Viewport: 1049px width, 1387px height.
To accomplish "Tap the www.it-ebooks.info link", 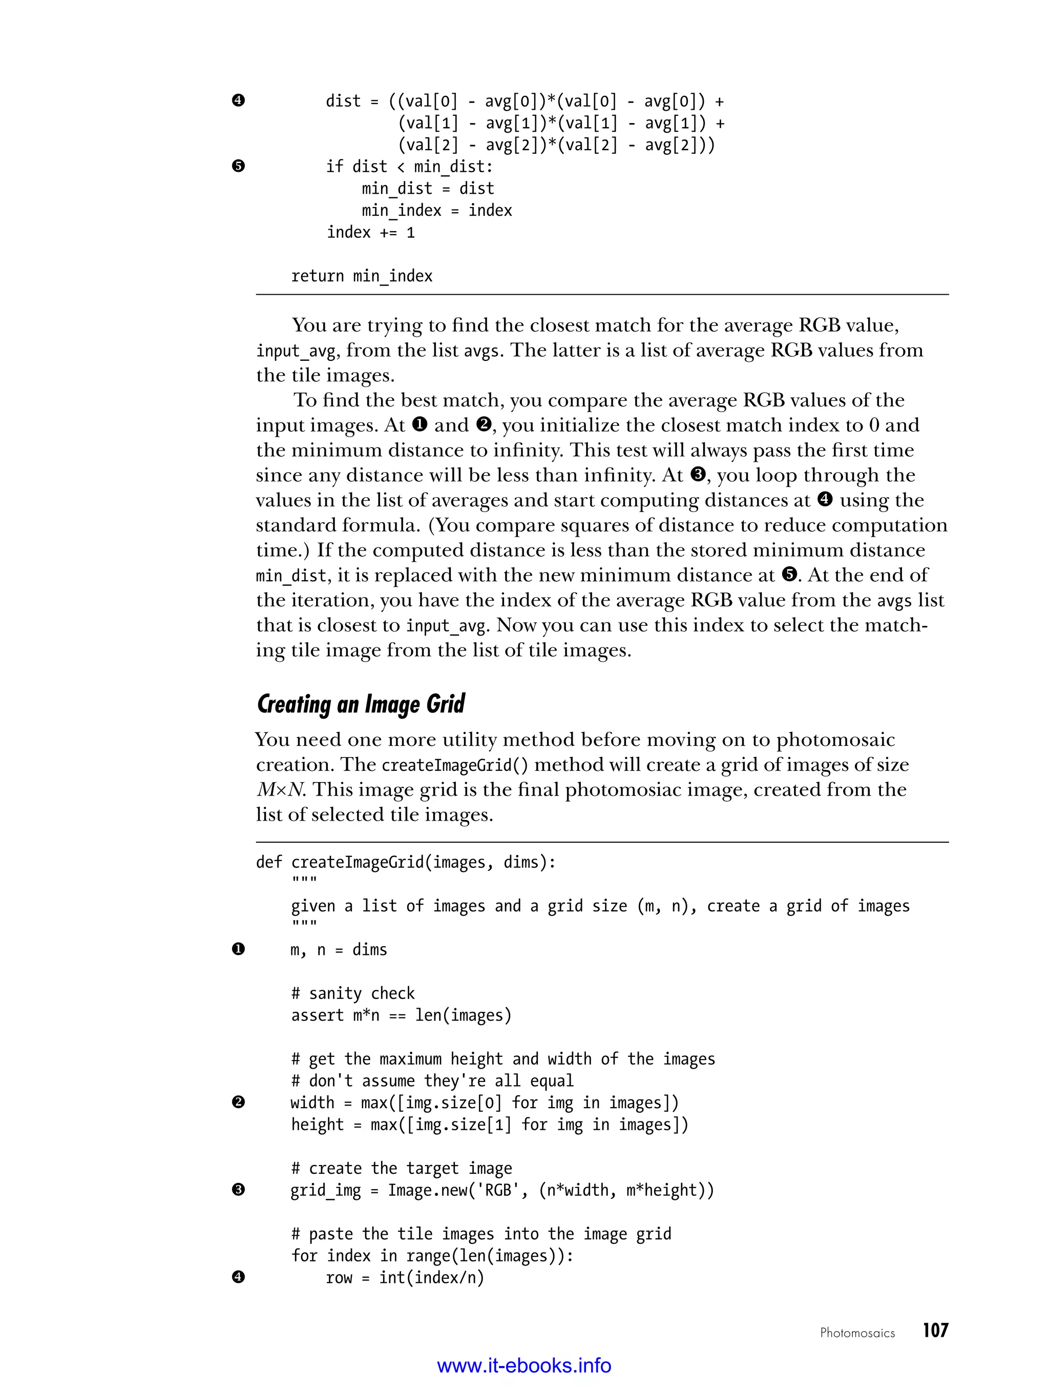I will pos(524,1365).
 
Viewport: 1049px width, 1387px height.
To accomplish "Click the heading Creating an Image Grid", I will pos(361,704).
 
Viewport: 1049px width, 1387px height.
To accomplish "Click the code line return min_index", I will pos(362,276).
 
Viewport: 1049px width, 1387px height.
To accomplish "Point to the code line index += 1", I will pos(370,233).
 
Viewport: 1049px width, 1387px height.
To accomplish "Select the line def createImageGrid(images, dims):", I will pos(406,863).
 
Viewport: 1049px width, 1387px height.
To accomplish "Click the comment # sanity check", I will pos(353,993).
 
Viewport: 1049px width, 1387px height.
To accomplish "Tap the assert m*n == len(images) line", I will pos(401,1015).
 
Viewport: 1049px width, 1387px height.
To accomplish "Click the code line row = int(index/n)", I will pos(405,1277).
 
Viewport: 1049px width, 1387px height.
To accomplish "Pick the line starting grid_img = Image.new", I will pos(502,1190).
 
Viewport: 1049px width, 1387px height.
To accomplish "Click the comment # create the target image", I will pos(402,1168).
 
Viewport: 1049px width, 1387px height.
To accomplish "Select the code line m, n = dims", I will pos(339,950).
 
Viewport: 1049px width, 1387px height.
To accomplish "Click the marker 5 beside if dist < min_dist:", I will pos(238,166).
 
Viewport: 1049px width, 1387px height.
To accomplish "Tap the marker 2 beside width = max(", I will pos(238,1103).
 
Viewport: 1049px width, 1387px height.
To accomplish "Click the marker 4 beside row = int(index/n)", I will pos(238,1277).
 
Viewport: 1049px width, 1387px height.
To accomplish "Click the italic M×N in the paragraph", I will pos(280,790).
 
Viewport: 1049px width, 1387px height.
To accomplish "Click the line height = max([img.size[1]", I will pos(489,1124).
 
